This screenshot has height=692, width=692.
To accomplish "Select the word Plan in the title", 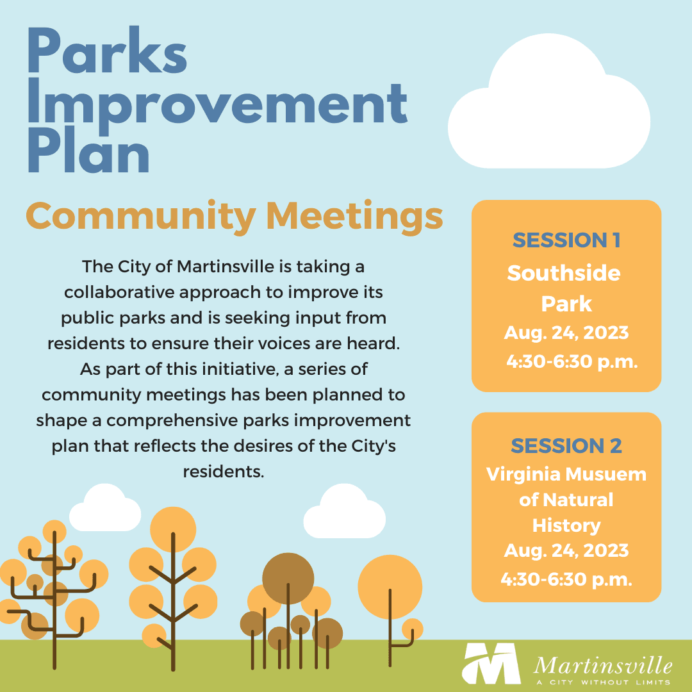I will pyautogui.click(x=89, y=154).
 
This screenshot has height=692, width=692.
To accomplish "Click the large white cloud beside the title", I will pyautogui.click(x=548, y=109).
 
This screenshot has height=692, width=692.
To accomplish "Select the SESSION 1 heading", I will pyautogui.click(x=566, y=240).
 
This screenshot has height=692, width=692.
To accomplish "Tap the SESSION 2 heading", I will pyautogui.click(x=566, y=446).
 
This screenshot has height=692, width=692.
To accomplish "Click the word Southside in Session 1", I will pyautogui.click(x=564, y=274).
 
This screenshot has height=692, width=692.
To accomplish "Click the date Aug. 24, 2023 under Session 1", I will pyautogui.click(x=566, y=333).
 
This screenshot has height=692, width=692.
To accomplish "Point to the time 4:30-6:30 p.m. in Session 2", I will pyautogui.click(x=566, y=580).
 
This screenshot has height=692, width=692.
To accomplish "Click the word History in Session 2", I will pyautogui.click(x=566, y=525).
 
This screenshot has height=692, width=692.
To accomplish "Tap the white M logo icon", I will pyautogui.click(x=491, y=664).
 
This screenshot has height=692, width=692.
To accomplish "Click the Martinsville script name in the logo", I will pyautogui.click(x=602, y=663).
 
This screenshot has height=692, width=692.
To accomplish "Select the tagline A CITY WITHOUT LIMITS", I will pyautogui.click(x=602, y=682).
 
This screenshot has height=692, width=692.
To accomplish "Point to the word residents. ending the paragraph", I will pyautogui.click(x=224, y=472).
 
